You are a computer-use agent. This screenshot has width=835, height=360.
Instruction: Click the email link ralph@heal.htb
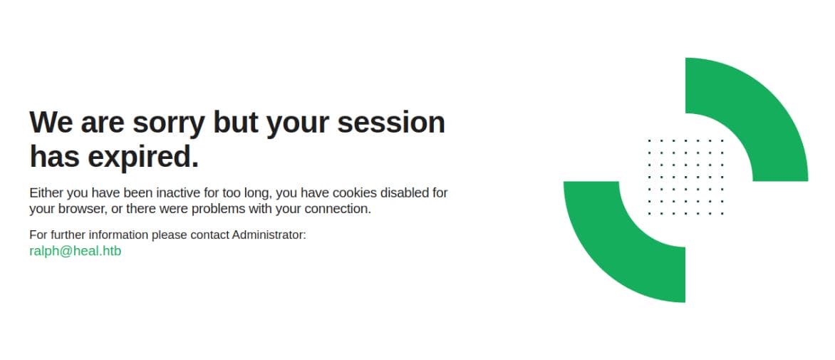75,251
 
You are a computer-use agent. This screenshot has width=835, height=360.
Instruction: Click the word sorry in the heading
169,123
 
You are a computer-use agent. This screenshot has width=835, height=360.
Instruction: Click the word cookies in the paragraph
355,192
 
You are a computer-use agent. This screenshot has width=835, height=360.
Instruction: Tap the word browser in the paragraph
81,209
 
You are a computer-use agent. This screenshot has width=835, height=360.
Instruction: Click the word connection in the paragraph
338,209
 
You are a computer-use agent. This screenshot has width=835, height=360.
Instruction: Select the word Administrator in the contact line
269,235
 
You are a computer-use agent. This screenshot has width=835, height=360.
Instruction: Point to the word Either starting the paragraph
46,192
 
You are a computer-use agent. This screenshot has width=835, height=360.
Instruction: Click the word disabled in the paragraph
404,192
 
